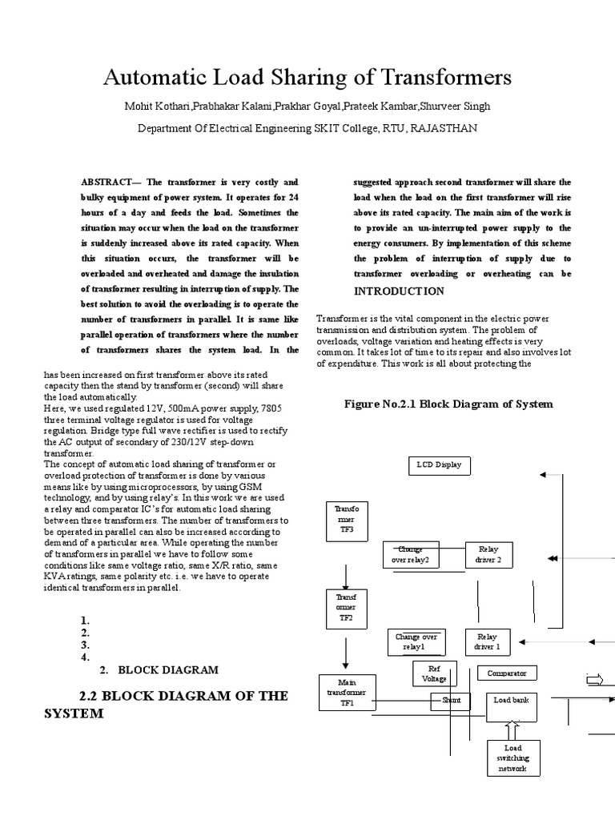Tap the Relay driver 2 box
[x=488, y=554]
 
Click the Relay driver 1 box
[x=488, y=641]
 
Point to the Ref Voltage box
[x=435, y=673]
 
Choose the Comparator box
[x=508, y=673]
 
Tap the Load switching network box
[x=512, y=758]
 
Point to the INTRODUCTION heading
[x=399, y=291]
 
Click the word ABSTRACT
[x=107, y=183]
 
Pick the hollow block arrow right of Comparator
[x=596, y=681]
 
